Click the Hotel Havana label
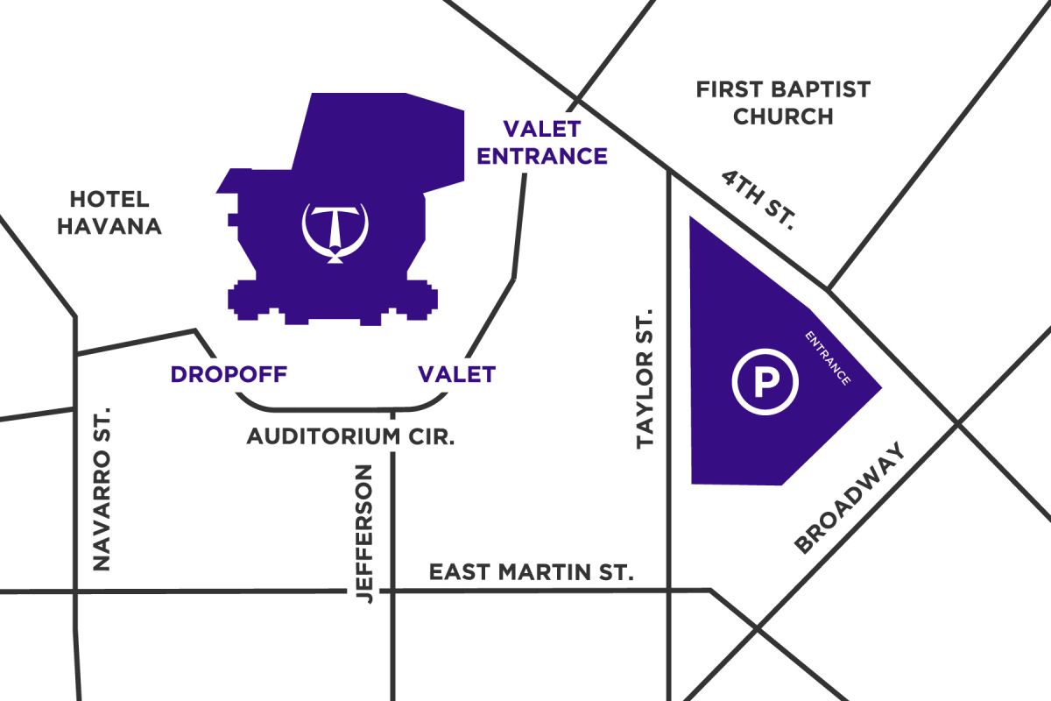(x=109, y=213)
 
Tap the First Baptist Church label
(x=783, y=103)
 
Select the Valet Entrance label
(x=541, y=143)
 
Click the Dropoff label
(x=229, y=374)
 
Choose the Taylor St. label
(x=645, y=378)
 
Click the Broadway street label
(x=848, y=499)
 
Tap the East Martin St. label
(x=531, y=573)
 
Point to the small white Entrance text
(x=828, y=358)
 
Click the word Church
(x=783, y=117)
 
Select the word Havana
(x=109, y=226)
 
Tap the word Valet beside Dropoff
(x=456, y=374)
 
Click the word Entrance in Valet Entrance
(x=541, y=156)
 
